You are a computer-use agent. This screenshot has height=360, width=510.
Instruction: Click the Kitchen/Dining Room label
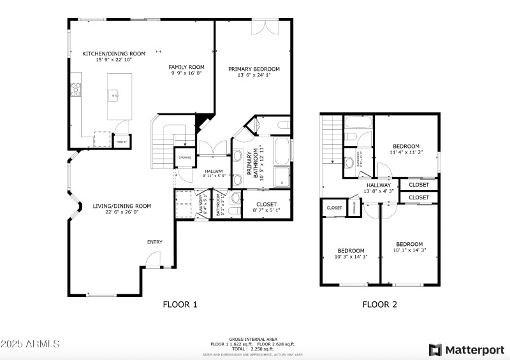pos(114,54)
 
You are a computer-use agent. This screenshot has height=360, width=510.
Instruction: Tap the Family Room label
pos(186,67)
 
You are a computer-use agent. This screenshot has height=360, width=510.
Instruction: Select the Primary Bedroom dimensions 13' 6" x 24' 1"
pos(254,75)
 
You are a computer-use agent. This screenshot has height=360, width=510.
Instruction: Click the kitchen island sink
pos(115,96)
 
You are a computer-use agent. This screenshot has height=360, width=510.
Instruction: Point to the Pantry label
pos(120,141)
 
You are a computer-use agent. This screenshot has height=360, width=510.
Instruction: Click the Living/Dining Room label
pos(122,206)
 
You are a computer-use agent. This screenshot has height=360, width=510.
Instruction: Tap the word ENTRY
pos(155,242)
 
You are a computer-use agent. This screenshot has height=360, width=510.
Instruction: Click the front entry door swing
pos(152,259)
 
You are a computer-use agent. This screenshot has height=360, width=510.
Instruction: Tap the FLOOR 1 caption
pos(180,305)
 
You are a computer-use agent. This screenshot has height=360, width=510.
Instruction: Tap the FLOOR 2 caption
pos(380,305)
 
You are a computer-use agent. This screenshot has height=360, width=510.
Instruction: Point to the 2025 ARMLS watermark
pos(30,343)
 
